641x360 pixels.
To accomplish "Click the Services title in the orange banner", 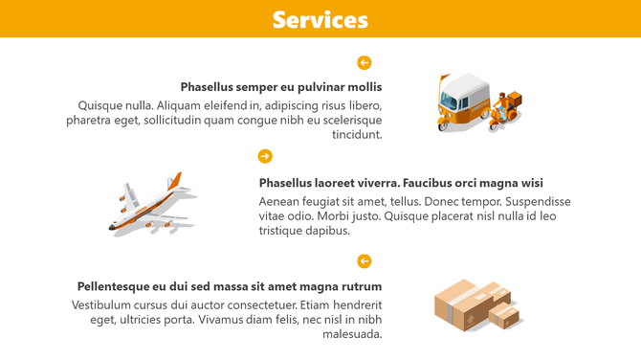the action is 320,19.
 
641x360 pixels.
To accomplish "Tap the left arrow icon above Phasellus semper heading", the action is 364,63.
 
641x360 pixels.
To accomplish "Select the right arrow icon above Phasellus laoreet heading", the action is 265,156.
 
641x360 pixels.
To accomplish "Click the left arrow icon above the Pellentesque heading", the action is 364,261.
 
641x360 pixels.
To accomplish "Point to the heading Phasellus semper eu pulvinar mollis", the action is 280,87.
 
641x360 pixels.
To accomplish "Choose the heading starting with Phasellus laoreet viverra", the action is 400,183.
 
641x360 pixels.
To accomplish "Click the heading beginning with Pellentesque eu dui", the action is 230,286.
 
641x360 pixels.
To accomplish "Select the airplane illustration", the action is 151,206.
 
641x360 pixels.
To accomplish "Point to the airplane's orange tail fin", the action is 175,181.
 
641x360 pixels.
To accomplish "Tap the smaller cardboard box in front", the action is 504,315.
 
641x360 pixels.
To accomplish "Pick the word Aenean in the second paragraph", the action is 279,201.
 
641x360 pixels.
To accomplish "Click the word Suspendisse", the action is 538,201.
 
